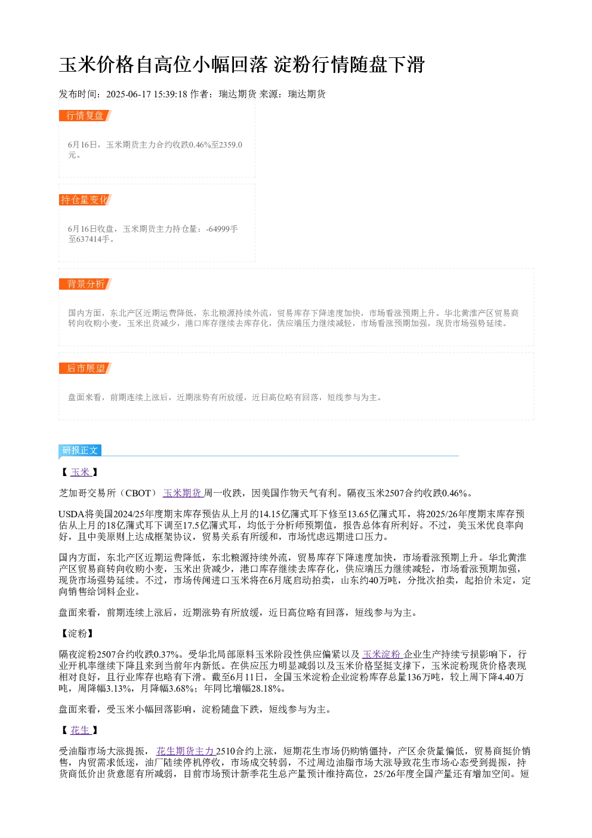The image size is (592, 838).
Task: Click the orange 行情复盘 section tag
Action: click(x=85, y=116)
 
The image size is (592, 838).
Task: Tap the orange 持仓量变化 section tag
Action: click(x=85, y=199)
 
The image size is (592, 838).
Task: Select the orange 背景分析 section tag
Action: click(x=85, y=284)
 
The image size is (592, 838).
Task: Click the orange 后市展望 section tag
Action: click(x=85, y=368)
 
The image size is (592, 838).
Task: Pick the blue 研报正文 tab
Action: click(x=80, y=450)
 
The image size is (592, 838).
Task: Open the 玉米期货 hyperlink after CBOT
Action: click(x=183, y=493)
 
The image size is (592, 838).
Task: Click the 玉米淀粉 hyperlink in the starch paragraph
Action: click(x=382, y=654)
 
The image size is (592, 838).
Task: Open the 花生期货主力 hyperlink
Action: click(x=186, y=751)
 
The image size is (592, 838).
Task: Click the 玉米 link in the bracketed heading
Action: click(x=81, y=472)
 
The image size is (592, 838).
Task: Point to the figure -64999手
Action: click(x=222, y=229)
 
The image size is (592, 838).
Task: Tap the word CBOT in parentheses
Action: click(x=138, y=493)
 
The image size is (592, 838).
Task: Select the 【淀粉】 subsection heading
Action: click(x=78, y=633)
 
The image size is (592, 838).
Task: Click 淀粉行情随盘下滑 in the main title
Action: click(x=350, y=65)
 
